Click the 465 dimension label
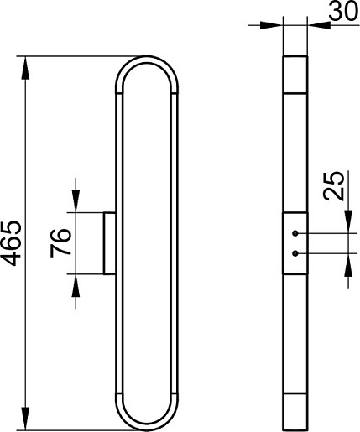coord(13,243)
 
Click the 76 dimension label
coord(60,242)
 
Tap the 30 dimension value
coord(343,11)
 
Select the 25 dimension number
coord(333,186)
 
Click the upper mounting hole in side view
coord(295,233)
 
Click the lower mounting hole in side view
coord(295,253)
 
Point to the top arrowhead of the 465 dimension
coord(25,68)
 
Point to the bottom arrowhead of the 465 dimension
coord(25,419)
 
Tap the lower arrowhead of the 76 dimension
coord(76,286)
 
